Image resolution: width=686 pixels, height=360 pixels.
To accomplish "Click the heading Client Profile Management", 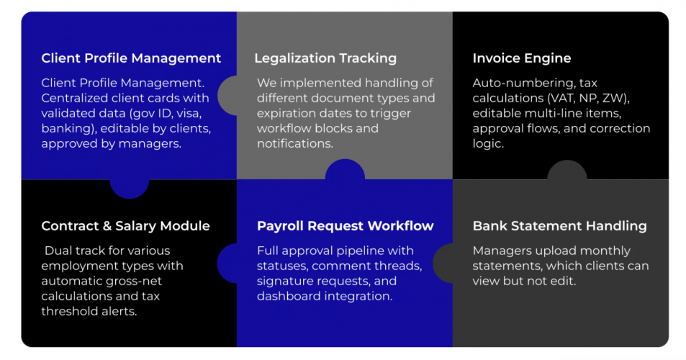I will click(131, 58).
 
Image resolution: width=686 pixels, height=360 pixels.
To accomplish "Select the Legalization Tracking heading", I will click(325, 58).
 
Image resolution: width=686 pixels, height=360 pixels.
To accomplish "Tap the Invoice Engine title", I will click(522, 58).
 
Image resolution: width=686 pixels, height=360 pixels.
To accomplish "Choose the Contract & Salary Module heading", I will click(125, 226).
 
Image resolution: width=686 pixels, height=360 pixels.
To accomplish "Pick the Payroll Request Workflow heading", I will click(346, 226).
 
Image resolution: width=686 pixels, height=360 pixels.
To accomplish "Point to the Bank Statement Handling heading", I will click(559, 226).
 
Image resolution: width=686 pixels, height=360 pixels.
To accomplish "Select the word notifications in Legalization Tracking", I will click(295, 144).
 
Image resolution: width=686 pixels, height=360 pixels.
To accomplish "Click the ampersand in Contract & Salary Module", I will click(103, 226).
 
